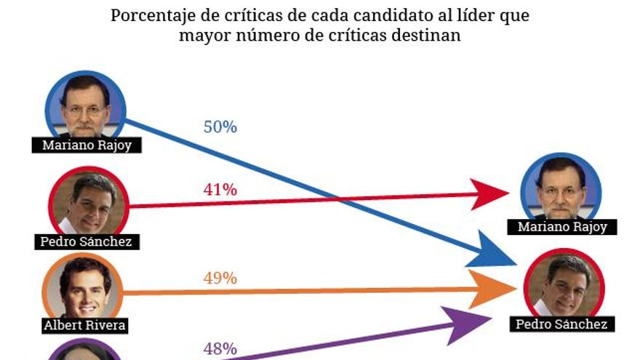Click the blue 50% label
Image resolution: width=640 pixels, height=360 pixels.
[220, 127]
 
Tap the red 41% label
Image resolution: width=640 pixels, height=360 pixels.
[220, 190]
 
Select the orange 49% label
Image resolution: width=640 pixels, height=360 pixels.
[220, 279]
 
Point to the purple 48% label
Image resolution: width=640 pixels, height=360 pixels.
[220, 349]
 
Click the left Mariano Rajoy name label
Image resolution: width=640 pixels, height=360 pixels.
[87, 145]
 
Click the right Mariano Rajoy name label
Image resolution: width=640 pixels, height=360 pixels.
[562, 227]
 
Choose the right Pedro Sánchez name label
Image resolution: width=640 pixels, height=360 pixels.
[561, 324]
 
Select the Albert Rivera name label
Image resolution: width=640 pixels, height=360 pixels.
[85, 325]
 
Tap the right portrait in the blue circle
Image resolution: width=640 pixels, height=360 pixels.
[561, 188]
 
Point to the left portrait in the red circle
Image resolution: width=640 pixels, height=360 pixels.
[89, 203]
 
